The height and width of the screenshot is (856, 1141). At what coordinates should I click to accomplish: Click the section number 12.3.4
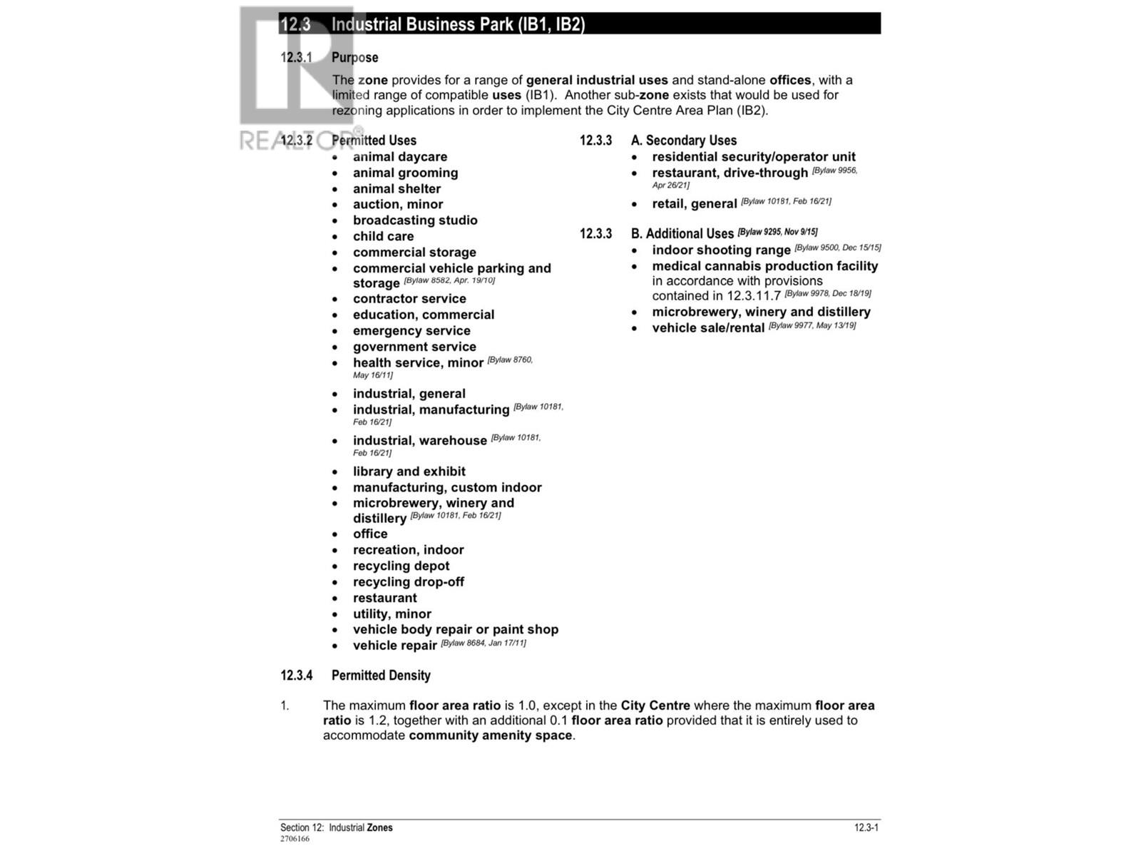[296, 676]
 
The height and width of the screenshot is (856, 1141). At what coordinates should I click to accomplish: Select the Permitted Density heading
[381, 676]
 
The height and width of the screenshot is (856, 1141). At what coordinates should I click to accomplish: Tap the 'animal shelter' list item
[396, 189]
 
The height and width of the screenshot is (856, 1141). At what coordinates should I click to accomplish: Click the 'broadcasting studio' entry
[415, 220]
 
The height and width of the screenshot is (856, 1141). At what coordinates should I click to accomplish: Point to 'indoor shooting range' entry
[721, 250]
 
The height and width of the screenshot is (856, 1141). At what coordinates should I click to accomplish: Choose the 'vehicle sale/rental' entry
[707, 328]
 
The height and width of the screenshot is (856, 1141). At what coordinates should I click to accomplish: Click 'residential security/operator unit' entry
[753, 157]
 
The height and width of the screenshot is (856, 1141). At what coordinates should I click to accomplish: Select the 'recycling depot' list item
[401, 566]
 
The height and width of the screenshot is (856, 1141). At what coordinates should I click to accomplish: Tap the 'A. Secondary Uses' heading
[683, 141]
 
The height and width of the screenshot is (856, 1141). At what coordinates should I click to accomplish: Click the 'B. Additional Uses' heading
[682, 234]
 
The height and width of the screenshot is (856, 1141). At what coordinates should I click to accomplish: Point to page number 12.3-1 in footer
[866, 828]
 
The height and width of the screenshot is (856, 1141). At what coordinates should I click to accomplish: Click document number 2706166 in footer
[295, 839]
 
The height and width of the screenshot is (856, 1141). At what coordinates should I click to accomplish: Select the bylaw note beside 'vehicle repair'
[483, 643]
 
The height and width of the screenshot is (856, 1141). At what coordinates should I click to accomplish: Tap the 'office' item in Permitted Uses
[370, 534]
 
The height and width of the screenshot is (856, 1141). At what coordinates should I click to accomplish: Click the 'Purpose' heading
[354, 58]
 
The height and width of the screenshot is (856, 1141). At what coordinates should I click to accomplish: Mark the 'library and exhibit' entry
[409, 472]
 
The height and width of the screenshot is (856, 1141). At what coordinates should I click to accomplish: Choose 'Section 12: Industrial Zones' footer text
[336, 828]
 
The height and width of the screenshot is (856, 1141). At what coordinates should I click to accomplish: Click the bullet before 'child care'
[335, 237]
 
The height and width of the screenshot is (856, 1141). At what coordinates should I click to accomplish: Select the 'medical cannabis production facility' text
[764, 266]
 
